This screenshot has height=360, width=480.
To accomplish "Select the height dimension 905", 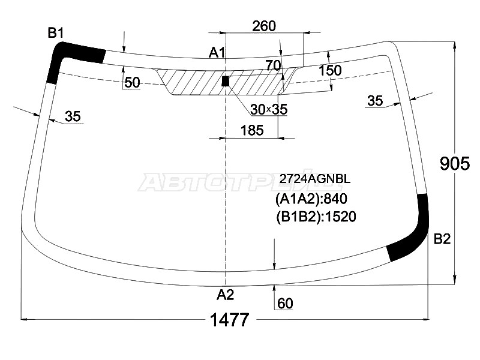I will tap(454, 163).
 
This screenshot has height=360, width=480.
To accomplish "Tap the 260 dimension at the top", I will tap(264, 26).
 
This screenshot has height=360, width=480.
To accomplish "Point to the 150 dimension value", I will tap(330, 70).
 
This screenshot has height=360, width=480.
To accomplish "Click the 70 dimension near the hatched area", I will tap(273, 65).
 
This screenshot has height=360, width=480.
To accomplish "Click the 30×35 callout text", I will tap(269, 109).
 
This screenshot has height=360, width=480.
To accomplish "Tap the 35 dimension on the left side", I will tap(73, 116).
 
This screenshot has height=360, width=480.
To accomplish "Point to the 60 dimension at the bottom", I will tap(286, 304).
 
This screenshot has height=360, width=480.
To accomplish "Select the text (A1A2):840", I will tap(311, 199).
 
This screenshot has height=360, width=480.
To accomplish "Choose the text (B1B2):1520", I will tap(316, 216).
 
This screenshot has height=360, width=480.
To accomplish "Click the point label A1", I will tap(217, 53).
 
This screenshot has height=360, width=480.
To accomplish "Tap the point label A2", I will tap(225, 294).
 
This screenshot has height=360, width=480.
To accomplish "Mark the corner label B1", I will tap(56, 33).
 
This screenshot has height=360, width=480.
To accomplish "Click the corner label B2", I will tap(442, 239).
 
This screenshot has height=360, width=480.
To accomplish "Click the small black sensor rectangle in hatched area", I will tap(226, 81).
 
